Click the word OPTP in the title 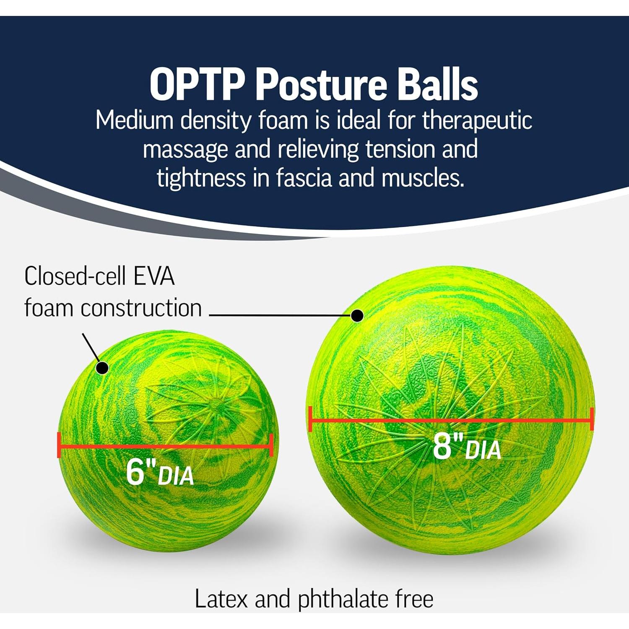pos(197,85)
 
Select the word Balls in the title pos(437,85)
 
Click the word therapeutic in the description pos(477,121)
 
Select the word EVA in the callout pos(154,276)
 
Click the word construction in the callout pos(141,308)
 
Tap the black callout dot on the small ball pos(102,368)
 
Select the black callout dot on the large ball pos(357,315)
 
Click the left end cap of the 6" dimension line pos(59,445)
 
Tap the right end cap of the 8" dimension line pos(592,418)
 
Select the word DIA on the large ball pos(483,450)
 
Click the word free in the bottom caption pos(414,599)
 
